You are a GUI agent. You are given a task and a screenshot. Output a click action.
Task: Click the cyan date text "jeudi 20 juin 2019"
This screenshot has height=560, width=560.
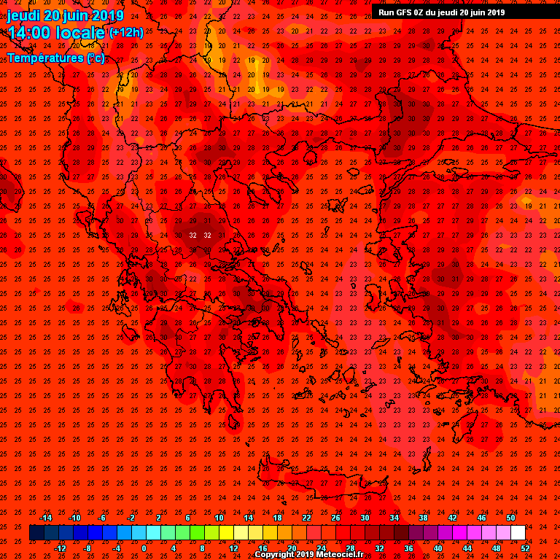tap(66, 15)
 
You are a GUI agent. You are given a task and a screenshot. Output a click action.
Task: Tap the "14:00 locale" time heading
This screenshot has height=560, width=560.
tap(56, 33)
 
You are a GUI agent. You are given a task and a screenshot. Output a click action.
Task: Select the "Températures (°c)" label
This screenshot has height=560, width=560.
tap(56, 58)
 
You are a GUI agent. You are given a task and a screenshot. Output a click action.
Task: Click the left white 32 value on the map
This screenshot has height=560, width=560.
tap(192, 235)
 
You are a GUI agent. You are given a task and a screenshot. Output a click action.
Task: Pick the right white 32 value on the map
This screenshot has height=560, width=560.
tap(207, 235)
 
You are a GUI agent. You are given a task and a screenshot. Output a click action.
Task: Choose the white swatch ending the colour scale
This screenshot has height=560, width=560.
tap(518, 533)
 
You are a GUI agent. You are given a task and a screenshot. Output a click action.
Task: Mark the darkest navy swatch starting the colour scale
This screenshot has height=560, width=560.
tap(36, 533)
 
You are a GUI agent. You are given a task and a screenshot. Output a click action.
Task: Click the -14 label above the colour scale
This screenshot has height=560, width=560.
tap(45, 518)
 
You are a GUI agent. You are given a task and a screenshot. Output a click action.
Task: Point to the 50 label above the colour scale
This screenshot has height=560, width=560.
tap(510, 518)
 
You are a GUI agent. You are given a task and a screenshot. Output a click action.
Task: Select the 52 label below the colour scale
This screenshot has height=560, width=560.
tap(525, 548)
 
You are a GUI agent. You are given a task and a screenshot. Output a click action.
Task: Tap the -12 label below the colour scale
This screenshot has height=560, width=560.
tap(60, 548)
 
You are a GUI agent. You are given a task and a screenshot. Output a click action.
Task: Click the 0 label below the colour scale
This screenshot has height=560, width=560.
tap(144, 548)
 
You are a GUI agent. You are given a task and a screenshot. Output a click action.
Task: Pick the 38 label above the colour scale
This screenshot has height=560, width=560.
tap(423, 518)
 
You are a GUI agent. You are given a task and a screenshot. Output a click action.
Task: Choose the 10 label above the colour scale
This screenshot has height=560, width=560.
tap(219, 518)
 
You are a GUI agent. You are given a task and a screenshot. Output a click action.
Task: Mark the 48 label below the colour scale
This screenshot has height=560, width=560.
tap(496, 548)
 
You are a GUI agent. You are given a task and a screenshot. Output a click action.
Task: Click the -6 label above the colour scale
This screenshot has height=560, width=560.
tap(102, 518)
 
